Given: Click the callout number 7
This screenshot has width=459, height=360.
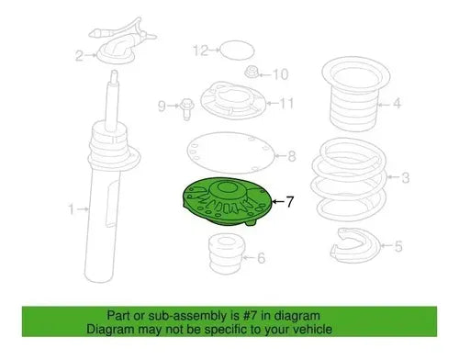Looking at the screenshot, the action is click(289, 202).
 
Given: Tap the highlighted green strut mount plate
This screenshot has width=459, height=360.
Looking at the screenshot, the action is click(227, 202).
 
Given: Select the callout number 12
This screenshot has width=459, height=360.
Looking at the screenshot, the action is click(201, 51).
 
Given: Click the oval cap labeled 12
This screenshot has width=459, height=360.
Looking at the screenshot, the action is click(238, 50).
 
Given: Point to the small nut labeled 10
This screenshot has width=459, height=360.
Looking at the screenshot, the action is click(252, 73).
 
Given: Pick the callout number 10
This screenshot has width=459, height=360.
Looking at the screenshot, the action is click(280, 74).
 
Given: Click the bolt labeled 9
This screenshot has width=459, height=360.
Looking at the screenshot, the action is click(186, 108).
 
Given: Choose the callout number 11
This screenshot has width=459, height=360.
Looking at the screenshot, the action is click(286, 103).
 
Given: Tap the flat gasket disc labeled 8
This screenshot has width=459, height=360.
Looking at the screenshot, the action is click(230, 154).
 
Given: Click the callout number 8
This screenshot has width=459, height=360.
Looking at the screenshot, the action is click(292, 156).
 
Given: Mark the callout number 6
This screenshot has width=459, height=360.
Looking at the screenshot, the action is click(261, 258).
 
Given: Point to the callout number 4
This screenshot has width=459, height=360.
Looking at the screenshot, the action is click(397, 104).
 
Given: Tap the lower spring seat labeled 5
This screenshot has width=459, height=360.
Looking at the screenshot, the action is click(355, 246).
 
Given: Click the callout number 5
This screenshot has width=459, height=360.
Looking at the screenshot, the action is click(398, 246).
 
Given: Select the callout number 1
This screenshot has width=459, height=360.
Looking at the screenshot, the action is click(72, 209).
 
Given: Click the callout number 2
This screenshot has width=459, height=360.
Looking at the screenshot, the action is click(79, 56).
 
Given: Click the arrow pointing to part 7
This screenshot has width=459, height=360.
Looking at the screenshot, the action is click(278, 201).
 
